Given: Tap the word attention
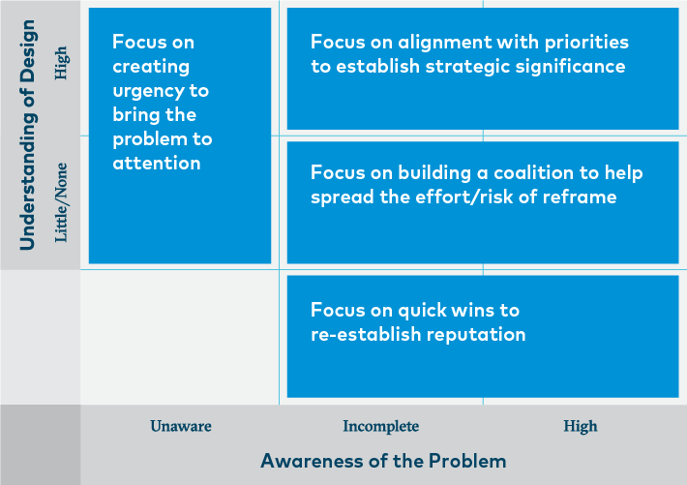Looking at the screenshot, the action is [x=157, y=164].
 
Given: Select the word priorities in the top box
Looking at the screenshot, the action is [x=586, y=43].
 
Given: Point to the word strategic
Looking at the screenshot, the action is [x=467, y=67].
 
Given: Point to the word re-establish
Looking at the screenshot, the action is [x=366, y=334].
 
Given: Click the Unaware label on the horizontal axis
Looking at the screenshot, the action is [x=181, y=426].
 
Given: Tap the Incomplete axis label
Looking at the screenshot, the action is [x=380, y=426].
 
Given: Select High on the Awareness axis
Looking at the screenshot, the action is [x=581, y=426].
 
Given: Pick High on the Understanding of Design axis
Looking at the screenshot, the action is [x=61, y=63].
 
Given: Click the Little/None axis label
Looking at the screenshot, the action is [x=61, y=202].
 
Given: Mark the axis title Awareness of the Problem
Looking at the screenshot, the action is [x=383, y=461].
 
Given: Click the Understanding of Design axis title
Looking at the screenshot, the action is [x=28, y=136].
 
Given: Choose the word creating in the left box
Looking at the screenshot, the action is [x=151, y=67].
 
